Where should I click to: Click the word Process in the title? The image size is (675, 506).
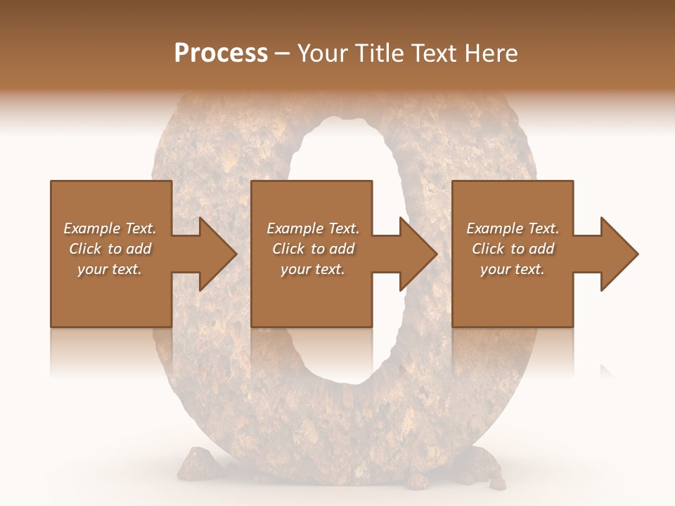tap(221, 53)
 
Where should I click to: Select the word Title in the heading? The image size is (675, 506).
tap(380, 53)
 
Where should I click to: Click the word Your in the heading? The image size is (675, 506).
tap(323, 53)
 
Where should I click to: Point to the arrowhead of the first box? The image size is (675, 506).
tap(214, 254)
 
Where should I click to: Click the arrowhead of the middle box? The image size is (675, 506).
tap(415, 254)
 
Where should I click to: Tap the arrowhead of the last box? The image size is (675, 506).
tap(616, 254)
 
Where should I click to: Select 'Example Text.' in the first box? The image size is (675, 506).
tap(110, 228)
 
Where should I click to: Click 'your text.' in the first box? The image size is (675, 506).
tap(110, 269)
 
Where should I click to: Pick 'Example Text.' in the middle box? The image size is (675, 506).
tap(313, 228)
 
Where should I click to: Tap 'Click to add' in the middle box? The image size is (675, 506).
tap(313, 249)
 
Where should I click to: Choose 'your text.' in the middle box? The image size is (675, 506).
tap(313, 269)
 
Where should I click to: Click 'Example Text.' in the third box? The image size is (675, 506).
tap(513, 228)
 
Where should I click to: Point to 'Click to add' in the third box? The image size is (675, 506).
tap(513, 249)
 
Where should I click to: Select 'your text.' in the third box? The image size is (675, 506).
tap(513, 269)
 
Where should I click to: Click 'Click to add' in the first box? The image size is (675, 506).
tap(110, 249)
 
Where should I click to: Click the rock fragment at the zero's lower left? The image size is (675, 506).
tap(191, 464)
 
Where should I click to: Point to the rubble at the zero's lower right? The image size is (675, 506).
tap(485, 467)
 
